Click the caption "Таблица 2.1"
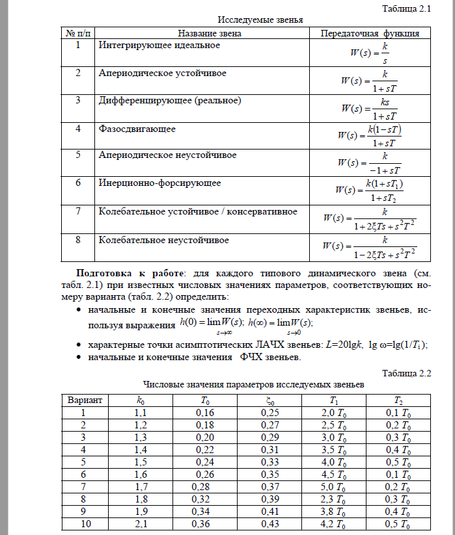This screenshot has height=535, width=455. tap(410, 8)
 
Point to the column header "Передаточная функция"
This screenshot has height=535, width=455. tap(369, 33)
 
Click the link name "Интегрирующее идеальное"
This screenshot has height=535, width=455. tap(159, 46)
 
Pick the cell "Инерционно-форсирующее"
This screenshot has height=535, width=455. tap(159, 183)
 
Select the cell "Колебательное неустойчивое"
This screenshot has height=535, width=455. tap(163, 240)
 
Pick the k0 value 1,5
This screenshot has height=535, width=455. tap(141, 461)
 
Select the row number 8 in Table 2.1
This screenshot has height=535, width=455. tap(78, 240)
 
